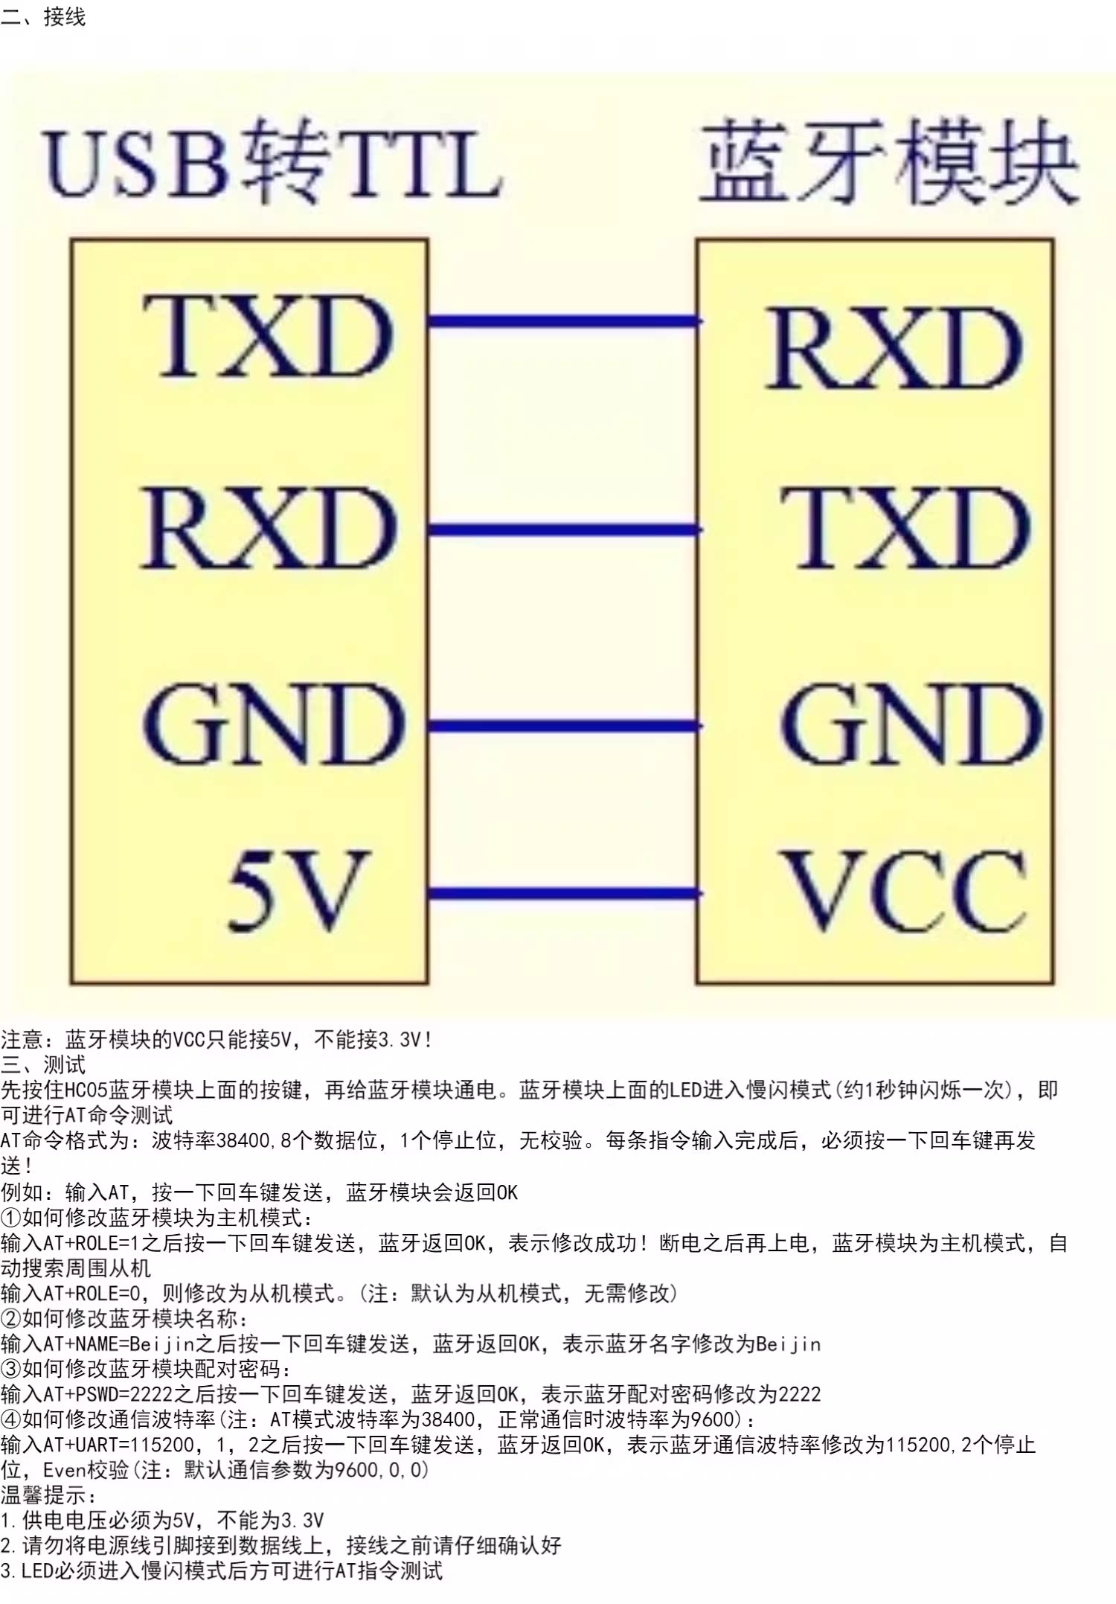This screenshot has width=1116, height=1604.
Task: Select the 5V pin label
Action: pos(299,890)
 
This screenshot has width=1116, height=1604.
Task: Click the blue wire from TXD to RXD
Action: pos(563,322)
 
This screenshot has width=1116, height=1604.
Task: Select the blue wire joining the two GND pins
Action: pos(563,726)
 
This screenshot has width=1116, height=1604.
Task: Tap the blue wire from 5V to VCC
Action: pos(563,893)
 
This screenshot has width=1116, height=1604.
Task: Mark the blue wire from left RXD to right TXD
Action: pos(563,530)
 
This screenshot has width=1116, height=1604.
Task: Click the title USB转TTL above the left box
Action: pos(273,162)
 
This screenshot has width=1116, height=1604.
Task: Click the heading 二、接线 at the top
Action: pos(43,16)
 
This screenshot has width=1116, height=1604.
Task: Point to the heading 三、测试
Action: pos(43,1064)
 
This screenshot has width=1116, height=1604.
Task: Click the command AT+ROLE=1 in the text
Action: pos(92,1243)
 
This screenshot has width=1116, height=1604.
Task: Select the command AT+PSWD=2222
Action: pos(97,1394)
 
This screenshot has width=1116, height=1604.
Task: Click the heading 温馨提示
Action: pos(48,1495)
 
